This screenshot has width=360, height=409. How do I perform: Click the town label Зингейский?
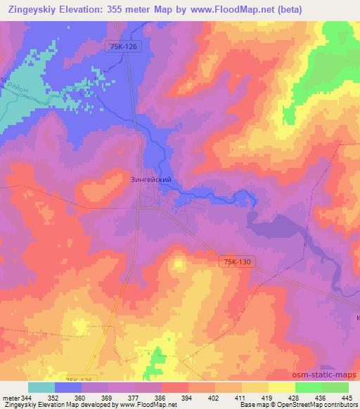click(151, 180)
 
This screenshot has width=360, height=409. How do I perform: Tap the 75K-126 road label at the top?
click(127, 46)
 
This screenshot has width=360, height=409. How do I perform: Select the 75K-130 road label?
click(235, 261)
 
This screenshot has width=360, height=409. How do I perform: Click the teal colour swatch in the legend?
click(41, 387)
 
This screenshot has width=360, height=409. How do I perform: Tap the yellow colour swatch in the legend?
click(281, 387)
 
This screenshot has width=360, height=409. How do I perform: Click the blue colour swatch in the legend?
click(68, 387)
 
